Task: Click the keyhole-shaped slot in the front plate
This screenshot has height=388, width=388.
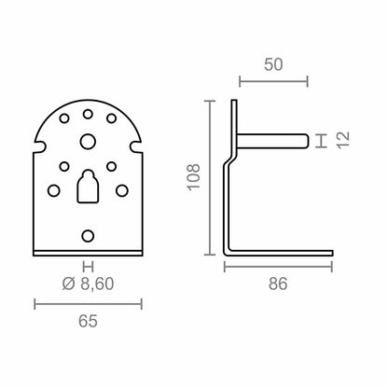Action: (88, 186)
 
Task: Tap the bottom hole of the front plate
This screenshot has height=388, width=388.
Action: (88, 235)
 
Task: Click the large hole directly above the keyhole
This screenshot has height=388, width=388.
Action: (88, 142)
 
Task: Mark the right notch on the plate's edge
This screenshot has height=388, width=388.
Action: (139, 146)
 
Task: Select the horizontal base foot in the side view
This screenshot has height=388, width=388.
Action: (280, 253)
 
